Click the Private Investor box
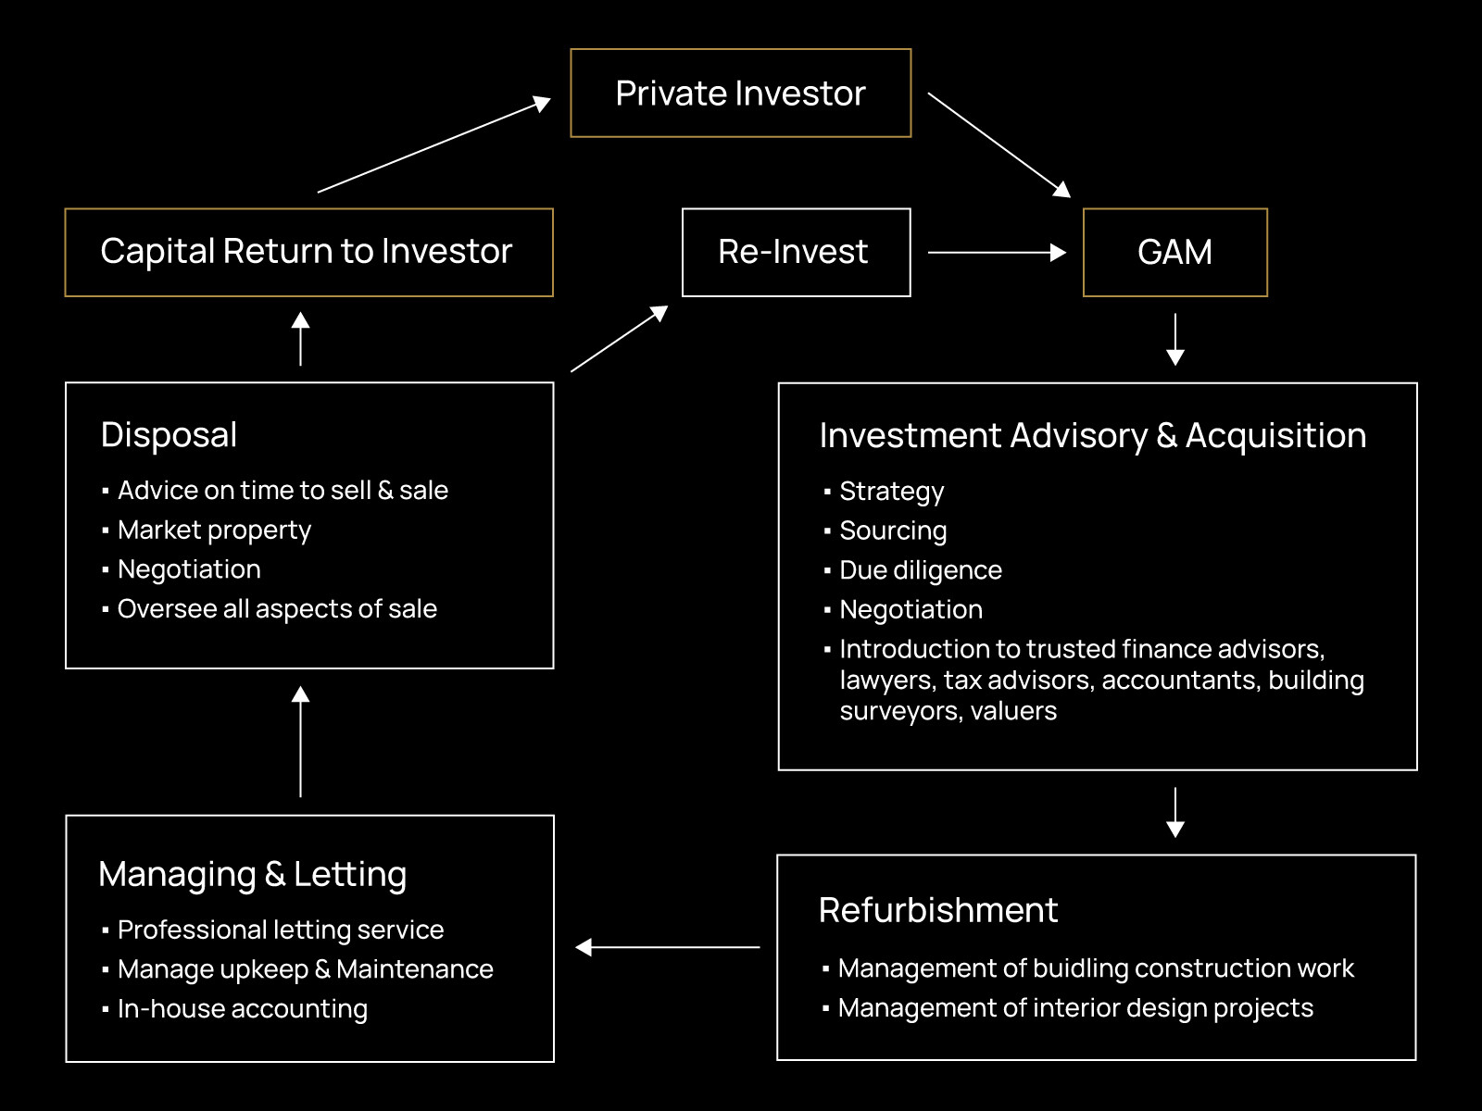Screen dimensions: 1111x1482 [741, 94]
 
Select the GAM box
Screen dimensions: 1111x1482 [1174, 252]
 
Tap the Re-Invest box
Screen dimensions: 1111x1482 [796, 252]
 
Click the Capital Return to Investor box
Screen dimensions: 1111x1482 [308, 252]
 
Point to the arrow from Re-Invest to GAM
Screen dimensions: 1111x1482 [997, 252]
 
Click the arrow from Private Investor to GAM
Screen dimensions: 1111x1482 [998, 144]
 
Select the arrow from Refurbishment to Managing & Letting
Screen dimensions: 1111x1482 [668, 947]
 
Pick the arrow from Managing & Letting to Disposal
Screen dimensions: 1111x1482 [300, 742]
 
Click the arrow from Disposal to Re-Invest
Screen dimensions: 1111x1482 [619, 339]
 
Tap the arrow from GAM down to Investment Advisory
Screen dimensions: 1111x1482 [1175, 340]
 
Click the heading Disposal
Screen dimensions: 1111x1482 [169, 435]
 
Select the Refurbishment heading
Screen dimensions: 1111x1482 [937, 910]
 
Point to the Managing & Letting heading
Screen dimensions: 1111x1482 [252, 874]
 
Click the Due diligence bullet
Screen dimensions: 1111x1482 [920, 570]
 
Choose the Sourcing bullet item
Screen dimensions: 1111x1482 [892, 531]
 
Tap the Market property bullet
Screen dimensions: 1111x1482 [214, 531]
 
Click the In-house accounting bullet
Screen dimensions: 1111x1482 [242, 1009]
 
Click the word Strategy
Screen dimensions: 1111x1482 [891, 492]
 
